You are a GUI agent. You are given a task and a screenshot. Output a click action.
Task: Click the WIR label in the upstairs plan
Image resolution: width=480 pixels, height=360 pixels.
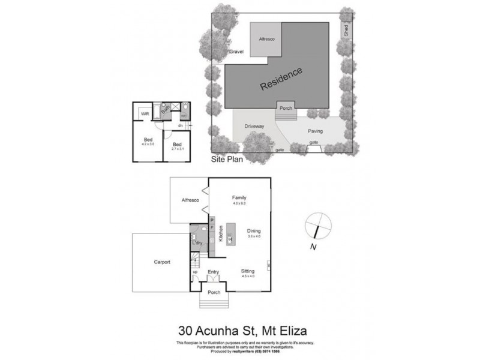pyautogui.click(x=145, y=113)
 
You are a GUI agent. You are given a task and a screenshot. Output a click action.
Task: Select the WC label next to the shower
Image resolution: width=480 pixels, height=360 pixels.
pyautogui.click(x=184, y=116)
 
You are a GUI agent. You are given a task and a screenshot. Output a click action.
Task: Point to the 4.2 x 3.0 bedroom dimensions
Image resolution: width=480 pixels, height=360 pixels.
pyautogui.click(x=148, y=145)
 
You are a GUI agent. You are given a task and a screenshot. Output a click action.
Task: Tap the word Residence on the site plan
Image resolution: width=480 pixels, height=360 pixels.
pyautogui.click(x=281, y=79)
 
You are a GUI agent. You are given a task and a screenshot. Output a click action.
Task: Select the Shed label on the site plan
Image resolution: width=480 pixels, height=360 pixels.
pyautogui.click(x=346, y=31)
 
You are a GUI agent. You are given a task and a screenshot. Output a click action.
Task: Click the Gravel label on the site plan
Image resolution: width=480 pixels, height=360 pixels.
pyautogui.click(x=237, y=52)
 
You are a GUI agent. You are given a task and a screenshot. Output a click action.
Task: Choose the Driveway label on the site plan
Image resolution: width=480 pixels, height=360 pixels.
pyautogui.click(x=254, y=127)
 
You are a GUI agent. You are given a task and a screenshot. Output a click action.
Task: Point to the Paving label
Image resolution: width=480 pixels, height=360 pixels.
pyautogui.click(x=316, y=130)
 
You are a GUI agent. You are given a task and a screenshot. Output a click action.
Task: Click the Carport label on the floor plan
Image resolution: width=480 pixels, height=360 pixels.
pyautogui.click(x=161, y=262)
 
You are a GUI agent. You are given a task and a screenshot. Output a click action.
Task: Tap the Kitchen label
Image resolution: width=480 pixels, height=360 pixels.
pyautogui.click(x=221, y=233)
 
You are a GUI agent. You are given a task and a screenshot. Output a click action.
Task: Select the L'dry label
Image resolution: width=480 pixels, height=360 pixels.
pyautogui.click(x=197, y=243)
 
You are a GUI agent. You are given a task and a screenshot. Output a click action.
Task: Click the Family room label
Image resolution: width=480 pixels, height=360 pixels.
pyautogui.click(x=239, y=198)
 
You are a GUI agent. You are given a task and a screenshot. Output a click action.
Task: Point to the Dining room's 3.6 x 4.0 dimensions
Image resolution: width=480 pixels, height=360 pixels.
pyautogui.click(x=254, y=236)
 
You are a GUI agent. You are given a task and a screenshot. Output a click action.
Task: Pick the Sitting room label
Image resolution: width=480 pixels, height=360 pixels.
pyautogui.click(x=248, y=271)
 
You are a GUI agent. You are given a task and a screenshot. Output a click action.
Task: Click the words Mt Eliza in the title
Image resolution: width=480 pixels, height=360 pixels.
pyautogui.click(x=283, y=329)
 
